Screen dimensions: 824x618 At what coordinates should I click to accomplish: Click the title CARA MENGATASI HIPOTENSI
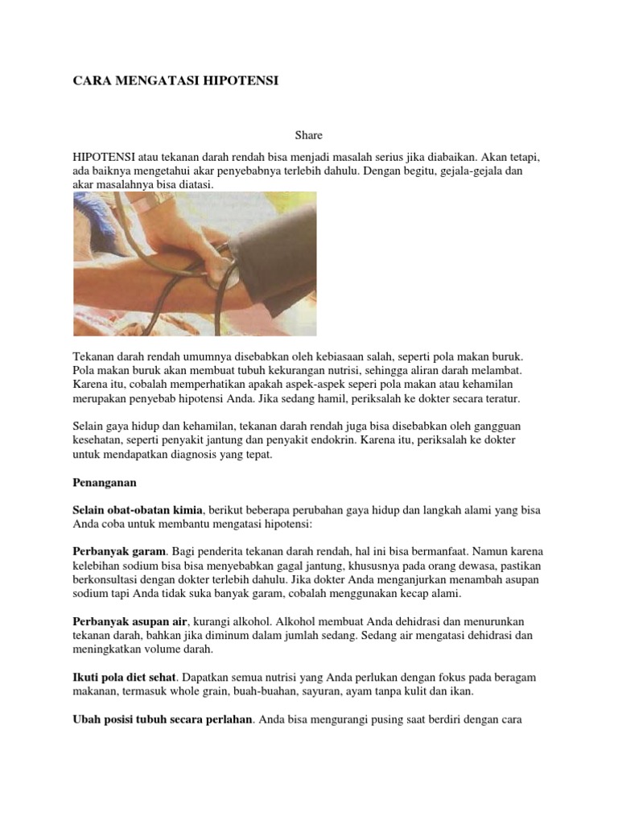176,81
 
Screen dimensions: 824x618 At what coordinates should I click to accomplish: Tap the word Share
309,136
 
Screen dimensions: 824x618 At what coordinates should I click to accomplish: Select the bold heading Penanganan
105,484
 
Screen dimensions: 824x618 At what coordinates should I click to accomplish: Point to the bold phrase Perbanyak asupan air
130,622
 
